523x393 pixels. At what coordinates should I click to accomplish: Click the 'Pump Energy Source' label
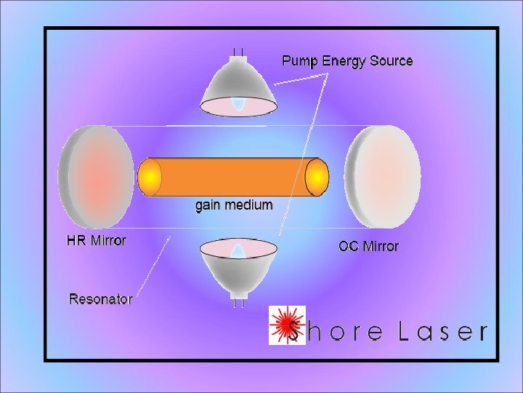347,61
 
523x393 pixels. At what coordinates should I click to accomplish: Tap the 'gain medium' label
234,205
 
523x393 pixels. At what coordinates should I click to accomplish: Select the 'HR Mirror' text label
97,240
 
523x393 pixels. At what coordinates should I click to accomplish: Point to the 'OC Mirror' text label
368,246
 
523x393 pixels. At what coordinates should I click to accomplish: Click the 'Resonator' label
100,298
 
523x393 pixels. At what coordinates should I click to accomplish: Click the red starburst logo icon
286,325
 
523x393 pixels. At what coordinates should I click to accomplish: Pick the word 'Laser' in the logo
442,333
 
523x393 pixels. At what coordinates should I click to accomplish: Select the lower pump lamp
238,266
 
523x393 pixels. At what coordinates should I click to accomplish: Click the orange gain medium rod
232,177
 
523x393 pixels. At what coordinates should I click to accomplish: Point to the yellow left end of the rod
150,177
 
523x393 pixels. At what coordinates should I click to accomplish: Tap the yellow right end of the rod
317,177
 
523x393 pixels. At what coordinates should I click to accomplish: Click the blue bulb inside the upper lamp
238,104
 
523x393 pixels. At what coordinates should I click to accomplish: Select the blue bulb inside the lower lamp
238,251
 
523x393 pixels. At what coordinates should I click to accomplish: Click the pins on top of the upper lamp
238,53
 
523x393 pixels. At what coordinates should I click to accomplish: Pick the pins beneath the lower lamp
238,301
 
